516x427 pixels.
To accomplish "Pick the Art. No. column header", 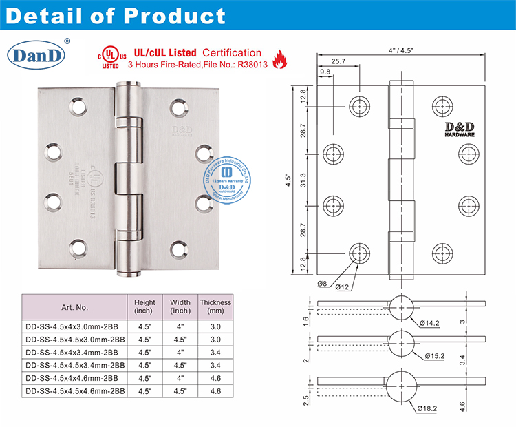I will click(74, 307).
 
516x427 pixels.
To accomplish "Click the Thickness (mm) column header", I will click(215, 307).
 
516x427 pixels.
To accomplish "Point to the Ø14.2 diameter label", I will click(428, 321).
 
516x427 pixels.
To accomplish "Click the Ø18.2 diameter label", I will click(428, 408).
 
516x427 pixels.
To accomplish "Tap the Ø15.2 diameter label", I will click(436, 355).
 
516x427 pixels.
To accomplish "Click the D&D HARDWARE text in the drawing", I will click(453, 130).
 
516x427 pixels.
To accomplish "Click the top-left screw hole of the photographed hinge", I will click(72, 107).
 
